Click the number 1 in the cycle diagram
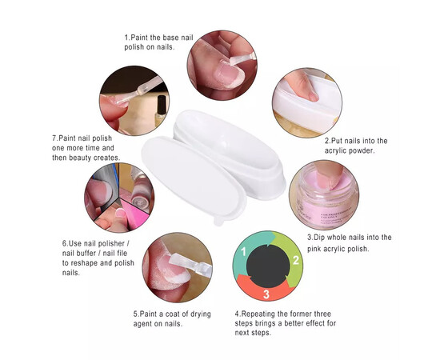click(x=243, y=251)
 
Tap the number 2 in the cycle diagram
click(x=295, y=260)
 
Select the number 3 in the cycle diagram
click(x=266, y=294)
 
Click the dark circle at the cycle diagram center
click(x=268, y=266)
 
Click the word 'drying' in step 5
click(x=201, y=314)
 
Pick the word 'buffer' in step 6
click(x=86, y=253)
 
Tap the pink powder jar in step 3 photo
click(x=325, y=198)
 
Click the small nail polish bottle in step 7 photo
click(x=161, y=110)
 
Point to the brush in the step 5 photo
click(x=190, y=263)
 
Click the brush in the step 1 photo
click(x=242, y=59)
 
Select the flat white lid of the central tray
click(x=194, y=179)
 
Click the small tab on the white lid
click(x=219, y=221)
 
